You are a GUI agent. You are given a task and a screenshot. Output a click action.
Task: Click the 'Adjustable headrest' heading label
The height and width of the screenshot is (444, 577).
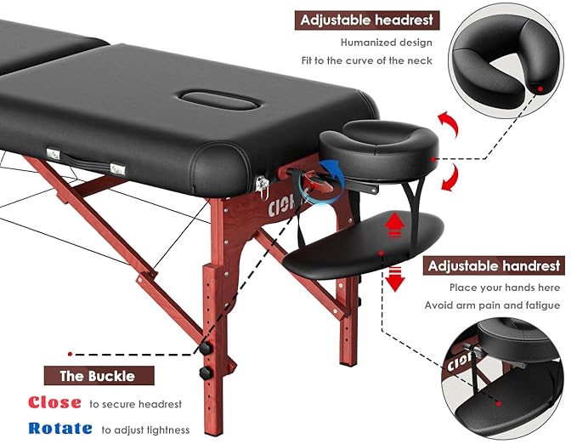[365, 20]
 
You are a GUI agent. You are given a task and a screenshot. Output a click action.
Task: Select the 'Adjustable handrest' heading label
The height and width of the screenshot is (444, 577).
[494, 265]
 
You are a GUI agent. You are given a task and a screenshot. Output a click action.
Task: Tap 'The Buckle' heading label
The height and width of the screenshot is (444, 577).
[96, 375]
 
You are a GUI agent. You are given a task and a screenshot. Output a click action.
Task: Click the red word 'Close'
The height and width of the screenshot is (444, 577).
[54, 403]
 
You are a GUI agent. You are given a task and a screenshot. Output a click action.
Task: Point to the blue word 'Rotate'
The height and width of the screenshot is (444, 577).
[59, 429]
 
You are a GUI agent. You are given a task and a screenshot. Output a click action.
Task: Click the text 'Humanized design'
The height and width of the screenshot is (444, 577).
[386, 43]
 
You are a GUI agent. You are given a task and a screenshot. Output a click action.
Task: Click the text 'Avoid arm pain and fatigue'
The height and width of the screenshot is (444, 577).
[493, 305]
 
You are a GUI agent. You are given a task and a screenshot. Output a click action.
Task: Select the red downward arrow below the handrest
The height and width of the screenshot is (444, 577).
[395, 279]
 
